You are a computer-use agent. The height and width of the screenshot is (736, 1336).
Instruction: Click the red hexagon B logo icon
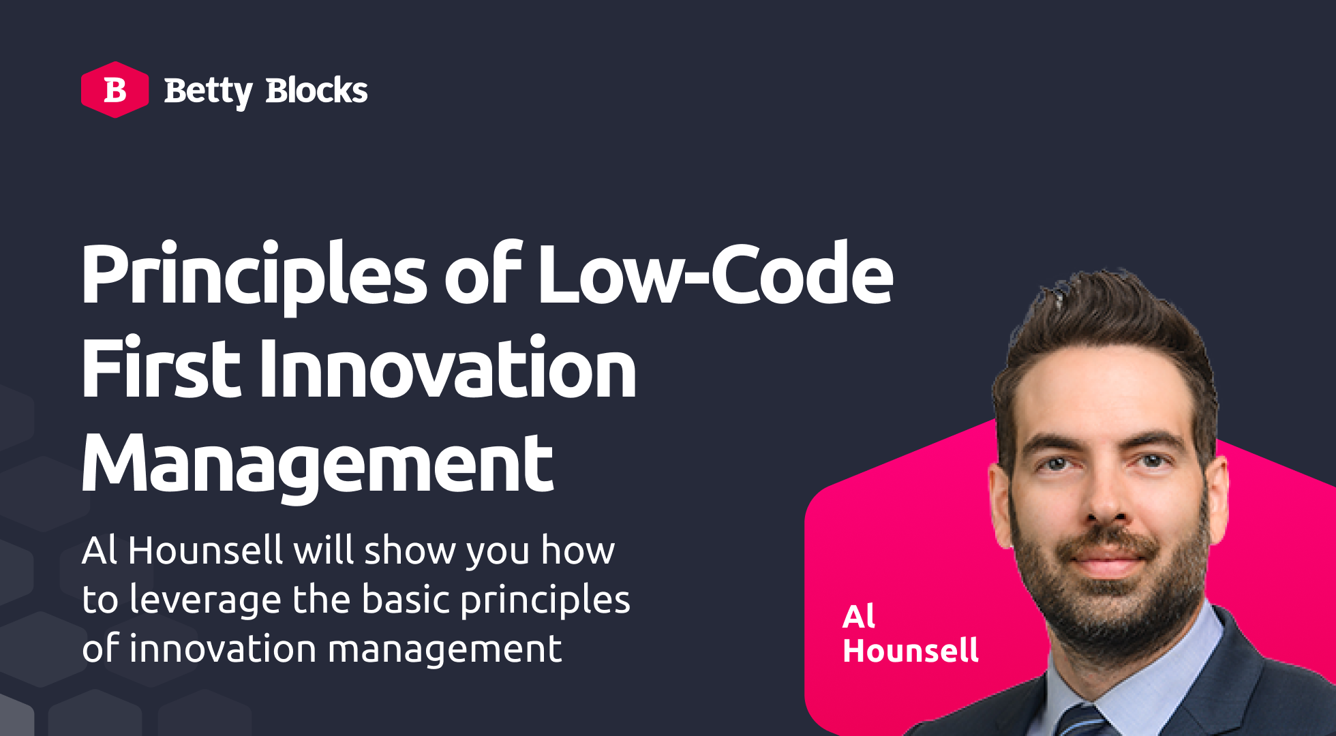pyautogui.click(x=115, y=90)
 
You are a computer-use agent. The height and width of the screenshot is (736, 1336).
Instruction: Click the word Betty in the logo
pyautogui.click(x=208, y=92)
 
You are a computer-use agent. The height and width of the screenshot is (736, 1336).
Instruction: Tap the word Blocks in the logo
pyautogui.click(x=317, y=90)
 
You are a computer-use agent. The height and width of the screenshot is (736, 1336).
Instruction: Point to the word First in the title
pyautogui.click(x=162, y=368)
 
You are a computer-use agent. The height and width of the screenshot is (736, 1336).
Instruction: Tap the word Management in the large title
pyautogui.click(x=317, y=465)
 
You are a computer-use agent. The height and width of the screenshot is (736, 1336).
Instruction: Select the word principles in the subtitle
pyautogui.click(x=545, y=601)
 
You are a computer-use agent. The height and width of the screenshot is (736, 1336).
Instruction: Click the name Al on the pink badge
pyautogui.click(x=859, y=617)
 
